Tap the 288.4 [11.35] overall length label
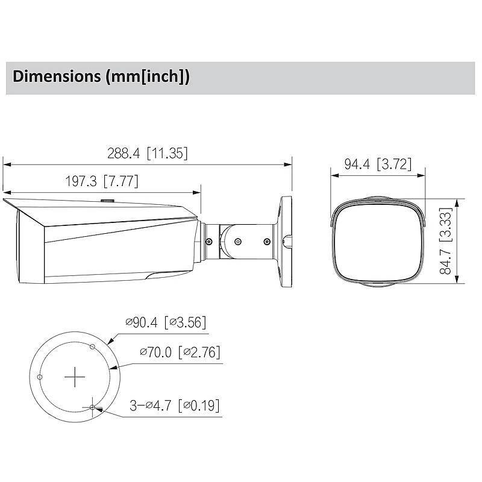click(x=148, y=153)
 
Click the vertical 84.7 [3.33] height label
click(x=446, y=241)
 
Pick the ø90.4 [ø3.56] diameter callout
click(x=166, y=323)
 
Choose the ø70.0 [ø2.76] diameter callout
click(x=179, y=351)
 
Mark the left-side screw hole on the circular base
click(x=39, y=377)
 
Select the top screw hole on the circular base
click(x=92, y=346)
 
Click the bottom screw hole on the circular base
click(x=92, y=408)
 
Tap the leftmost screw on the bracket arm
click(x=209, y=241)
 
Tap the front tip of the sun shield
click(x=5, y=201)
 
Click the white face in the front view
click(x=378, y=241)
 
